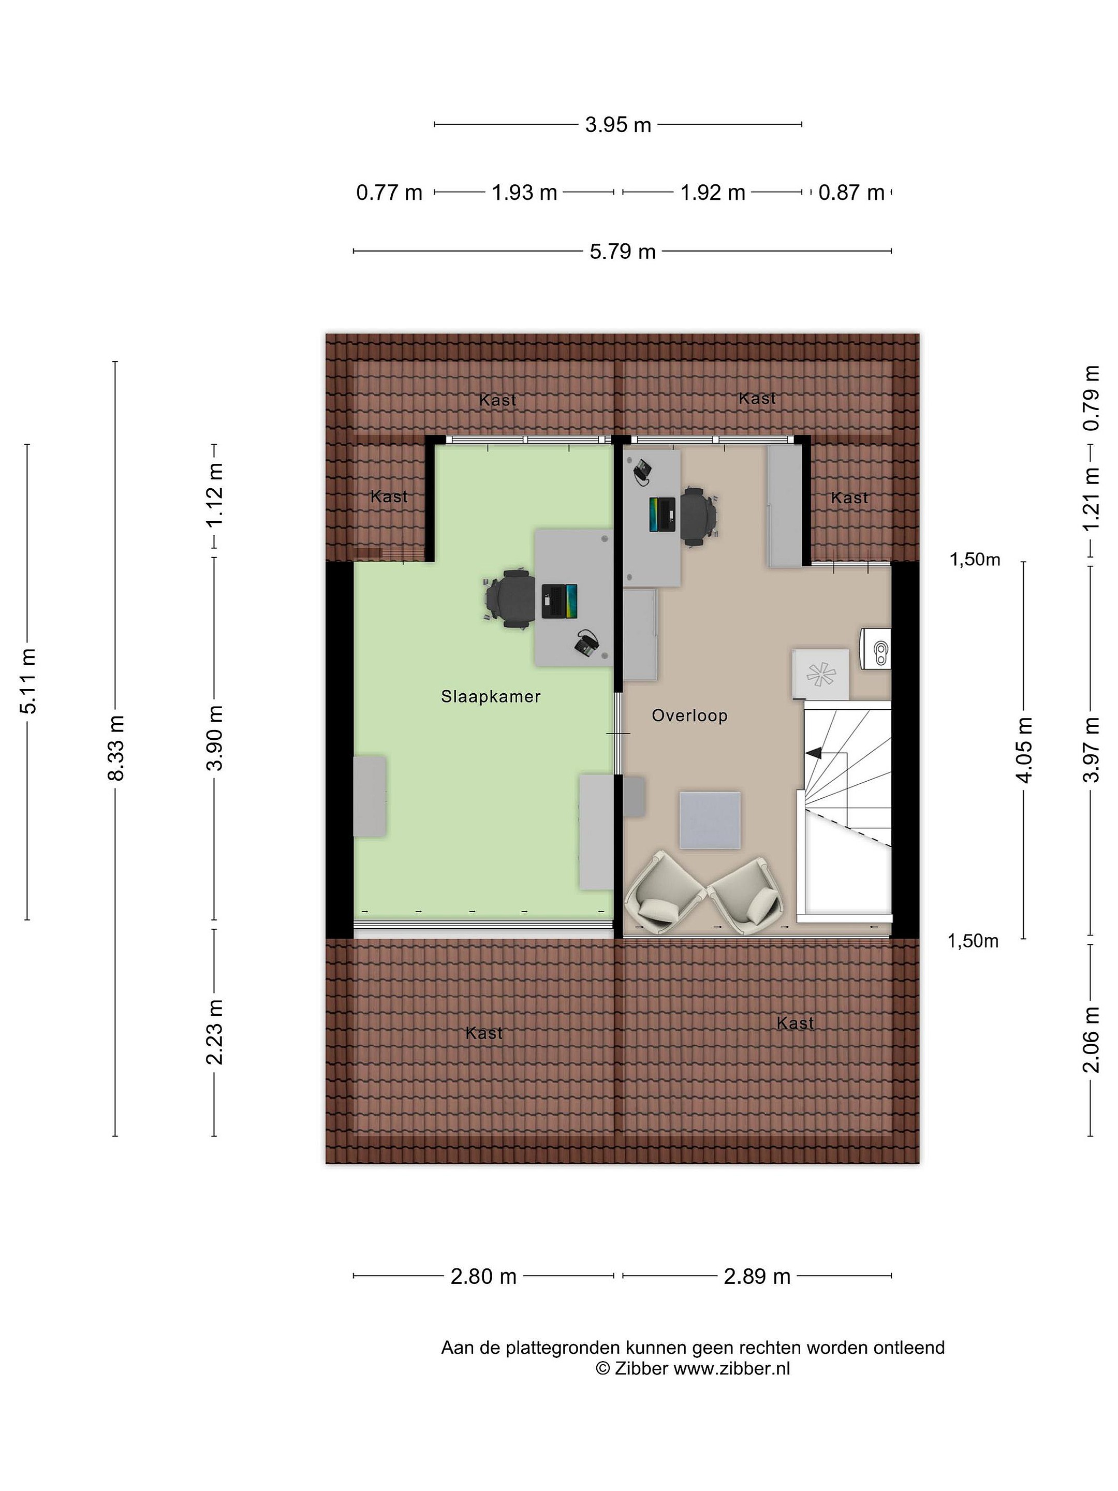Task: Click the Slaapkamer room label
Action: coord(491,696)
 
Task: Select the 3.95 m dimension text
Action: coord(618,125)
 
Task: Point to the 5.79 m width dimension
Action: coord(623,252)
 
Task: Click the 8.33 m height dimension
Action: coord(116,748)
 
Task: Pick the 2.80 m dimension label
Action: coord(483,1277)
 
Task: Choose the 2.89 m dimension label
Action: coord(757,1277)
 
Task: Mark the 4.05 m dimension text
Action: coord(1024,750)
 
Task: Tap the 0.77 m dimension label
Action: coord(389,193)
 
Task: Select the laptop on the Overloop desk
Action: coord(663,514)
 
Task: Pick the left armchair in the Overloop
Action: coord(665,893)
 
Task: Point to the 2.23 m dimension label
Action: coord(214,1032)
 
